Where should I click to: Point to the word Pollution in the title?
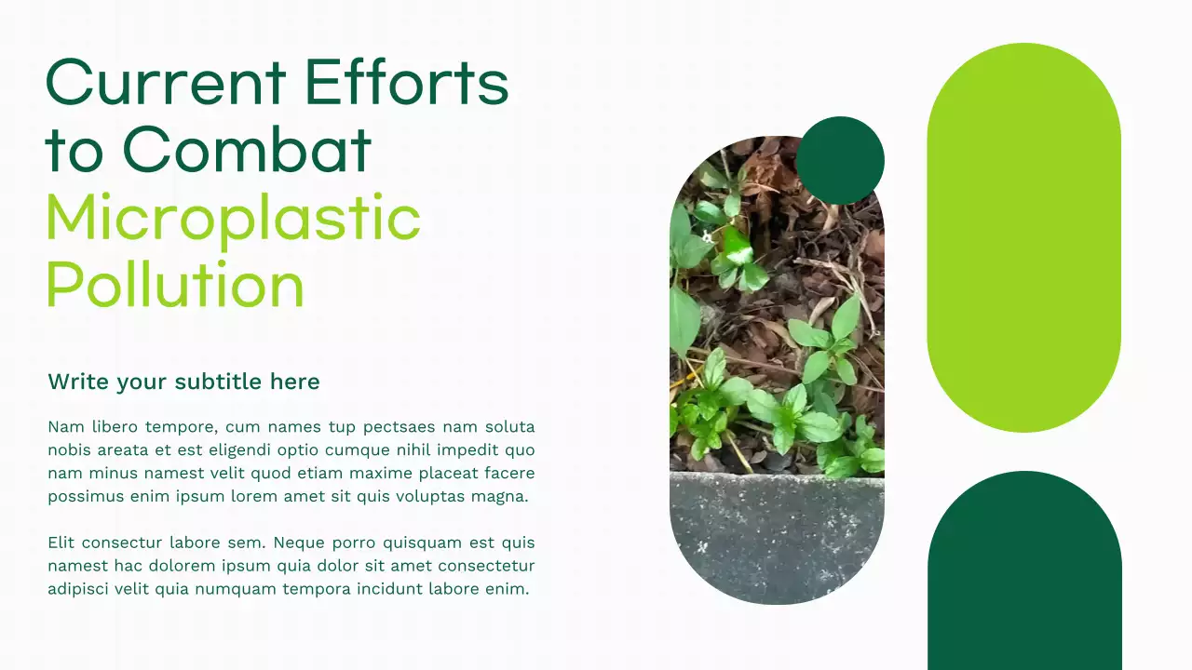tap(175, 285)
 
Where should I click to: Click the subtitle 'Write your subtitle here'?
tap(183, 382)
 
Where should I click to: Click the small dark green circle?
tap(840, 160)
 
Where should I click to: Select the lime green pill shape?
tap(1023, 237)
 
